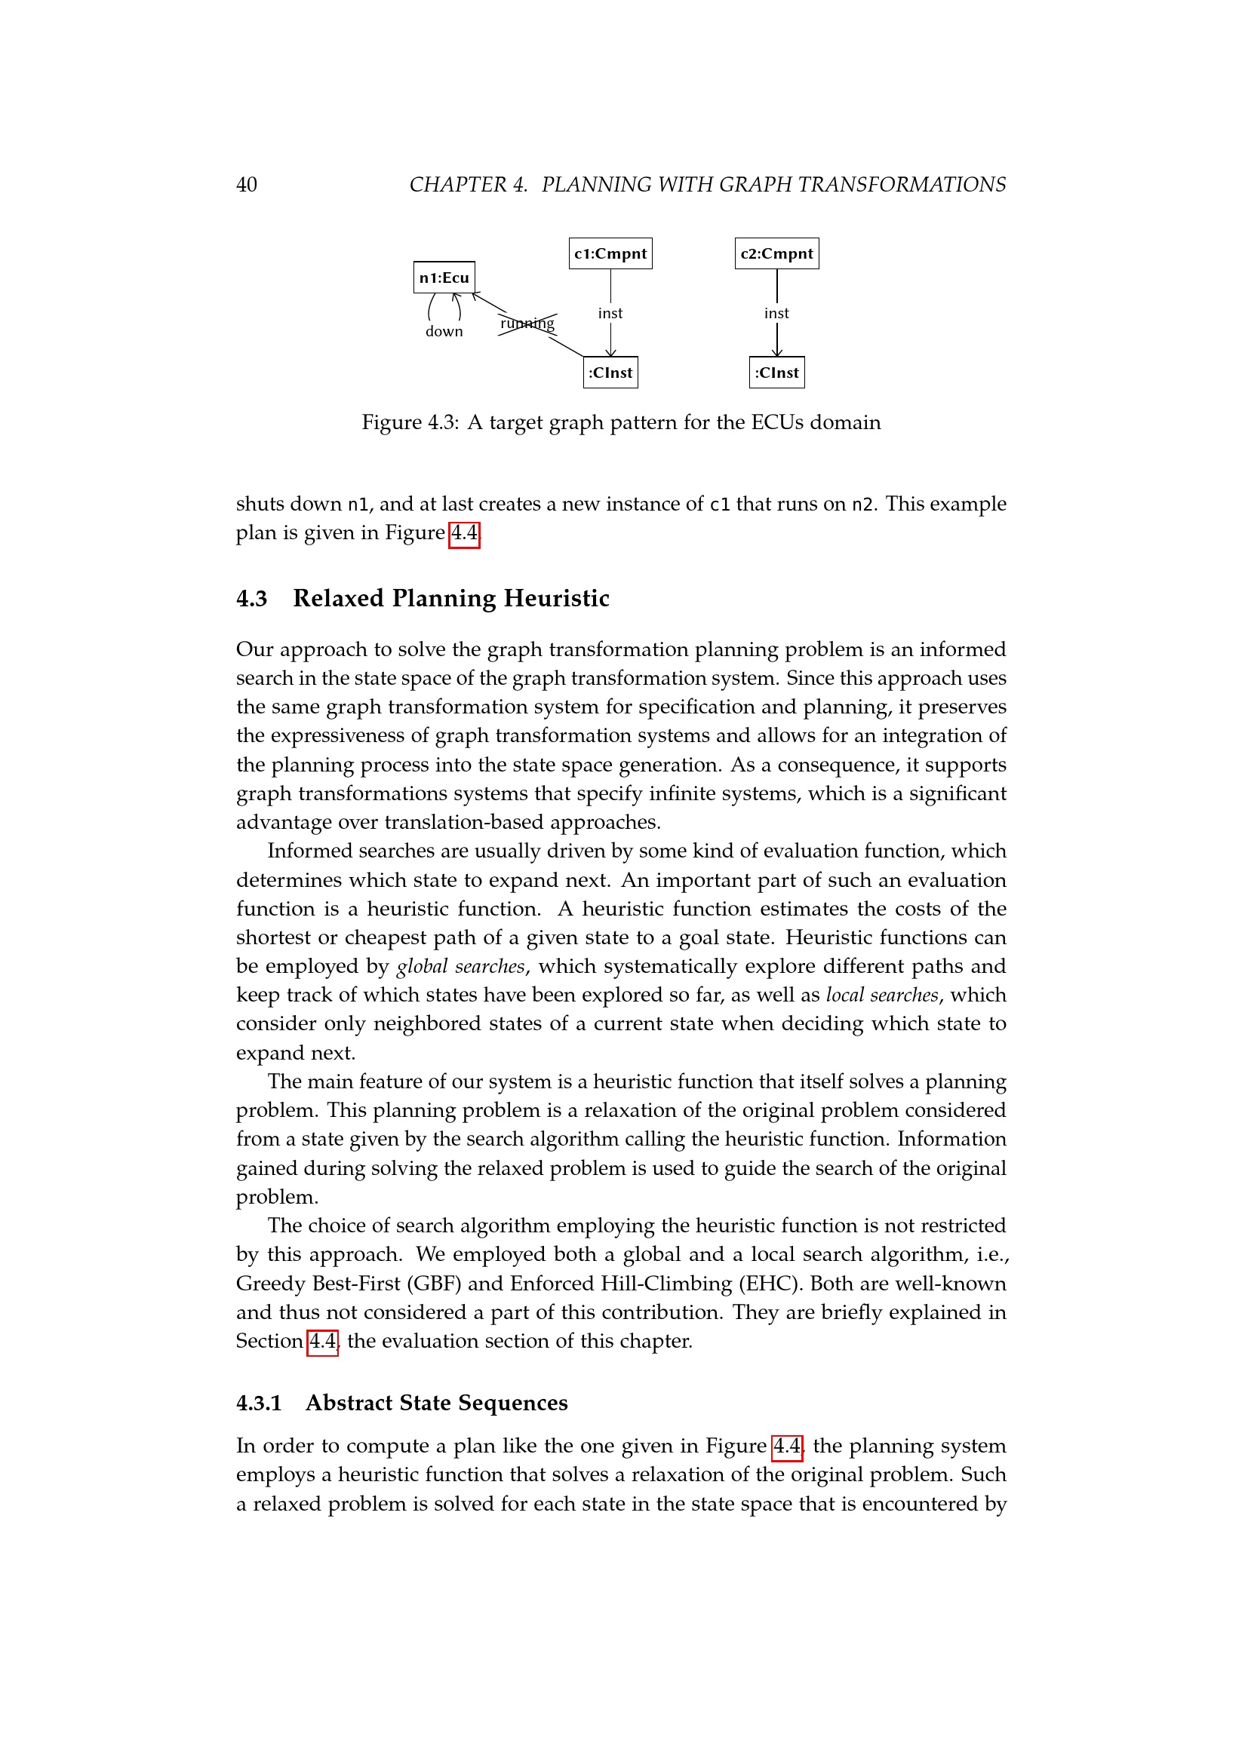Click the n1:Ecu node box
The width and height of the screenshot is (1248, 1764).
pyautogui.click(x=444, y=278)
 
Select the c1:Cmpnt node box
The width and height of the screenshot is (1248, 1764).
pyautogui.click(x=610, y=253)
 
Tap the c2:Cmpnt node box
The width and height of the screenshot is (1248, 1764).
pyautogui.click(x=776, y=253)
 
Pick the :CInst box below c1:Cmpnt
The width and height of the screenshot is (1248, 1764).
pyautogui.click(x=610, y=373)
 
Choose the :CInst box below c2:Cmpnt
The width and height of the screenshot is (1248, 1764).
pyautogui.click(x=776, y=373)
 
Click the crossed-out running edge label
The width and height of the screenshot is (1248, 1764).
pyautogui.click(x=527, y=324)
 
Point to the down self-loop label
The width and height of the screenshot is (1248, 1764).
pyautogui.click(x=444, y=332)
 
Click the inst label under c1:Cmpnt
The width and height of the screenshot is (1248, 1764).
pyautogui.click(x=610, y=314)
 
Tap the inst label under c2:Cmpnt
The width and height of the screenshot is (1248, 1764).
pyautogui.click(x=776, y=314)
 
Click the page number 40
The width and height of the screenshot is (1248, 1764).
pyautogui.click(x=247, y=186)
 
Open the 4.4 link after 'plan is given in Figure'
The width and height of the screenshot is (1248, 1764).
pyautogui.click(x=464, y=533)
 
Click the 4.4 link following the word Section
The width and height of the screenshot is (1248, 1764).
pyautogui.click(x=323, y=1342)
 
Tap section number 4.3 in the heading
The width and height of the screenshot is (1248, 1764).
pyautogui.click(x=251, y=599)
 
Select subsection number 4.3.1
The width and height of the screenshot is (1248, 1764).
pyautogui.click(x=259, y=1403)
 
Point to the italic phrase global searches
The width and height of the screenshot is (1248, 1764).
pyautogui.click(x=460, y=967)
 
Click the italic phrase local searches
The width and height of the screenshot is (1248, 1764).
pyautogui.click(x=882, y=995)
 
